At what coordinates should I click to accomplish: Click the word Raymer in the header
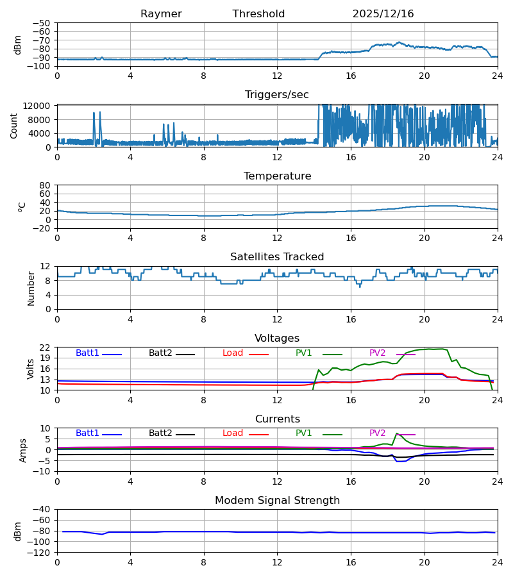tap(161, 14)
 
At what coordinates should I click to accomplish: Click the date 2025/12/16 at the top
tap(383, 14)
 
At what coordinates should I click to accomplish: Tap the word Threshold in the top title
tap(258, 14)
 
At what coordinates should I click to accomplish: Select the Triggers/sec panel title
tap(277, 95)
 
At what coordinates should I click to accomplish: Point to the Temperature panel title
tap(277, 176)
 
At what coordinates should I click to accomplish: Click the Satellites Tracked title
tap(277, 257)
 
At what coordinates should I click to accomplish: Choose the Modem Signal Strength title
tap(277, 501)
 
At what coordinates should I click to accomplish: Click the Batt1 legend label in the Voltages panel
tap(87, 353)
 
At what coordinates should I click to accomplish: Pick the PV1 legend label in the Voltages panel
tap(304, 353)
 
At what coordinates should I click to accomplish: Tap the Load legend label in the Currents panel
tap(233, 433)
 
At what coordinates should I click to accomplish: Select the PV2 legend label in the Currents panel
tap(378, 433)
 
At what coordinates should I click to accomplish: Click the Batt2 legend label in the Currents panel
tap(160, 433)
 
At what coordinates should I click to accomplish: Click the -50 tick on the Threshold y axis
tap(42, 23)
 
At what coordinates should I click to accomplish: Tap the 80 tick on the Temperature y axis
tap(46, 185)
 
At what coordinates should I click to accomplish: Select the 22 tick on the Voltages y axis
tap(46, 347)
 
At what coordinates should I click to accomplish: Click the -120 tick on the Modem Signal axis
tap(40, 553)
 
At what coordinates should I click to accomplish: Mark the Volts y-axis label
tap(31, 369)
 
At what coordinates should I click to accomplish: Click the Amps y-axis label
tap(24, 450)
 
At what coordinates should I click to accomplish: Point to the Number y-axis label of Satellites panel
tap(31, 288)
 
